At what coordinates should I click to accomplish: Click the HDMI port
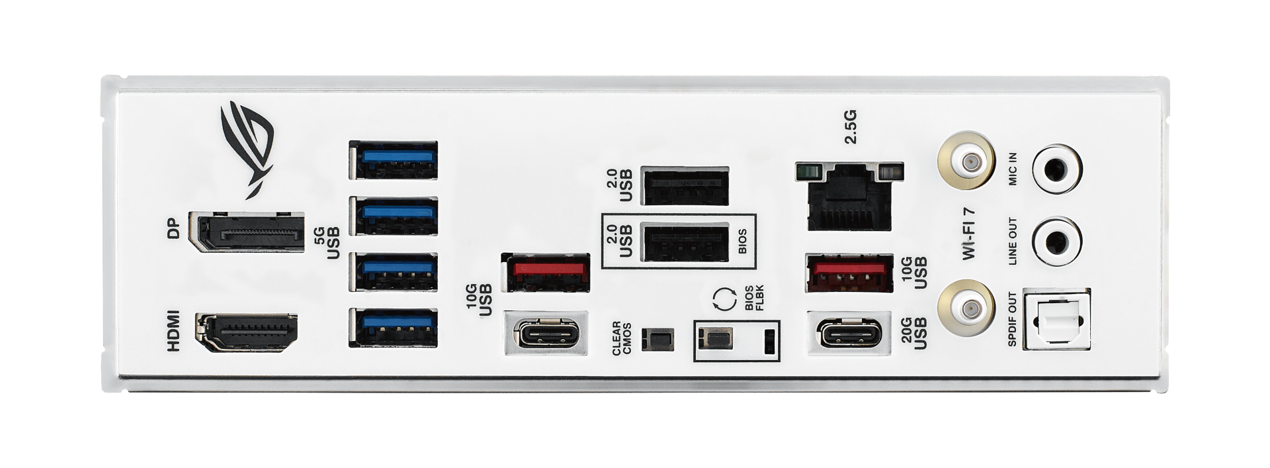point(247,333)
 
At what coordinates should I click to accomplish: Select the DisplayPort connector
point(246,232)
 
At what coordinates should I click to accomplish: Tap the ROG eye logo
point(248,149)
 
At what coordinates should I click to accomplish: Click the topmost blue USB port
point(393,160)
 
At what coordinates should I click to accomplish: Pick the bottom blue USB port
point(393,328)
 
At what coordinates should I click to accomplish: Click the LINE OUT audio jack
point(1056,242)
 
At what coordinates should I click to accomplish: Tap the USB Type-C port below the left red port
point(544,333)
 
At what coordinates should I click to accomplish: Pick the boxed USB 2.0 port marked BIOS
point(686,242)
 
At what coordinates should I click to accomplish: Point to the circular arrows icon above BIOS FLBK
point(724,299)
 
